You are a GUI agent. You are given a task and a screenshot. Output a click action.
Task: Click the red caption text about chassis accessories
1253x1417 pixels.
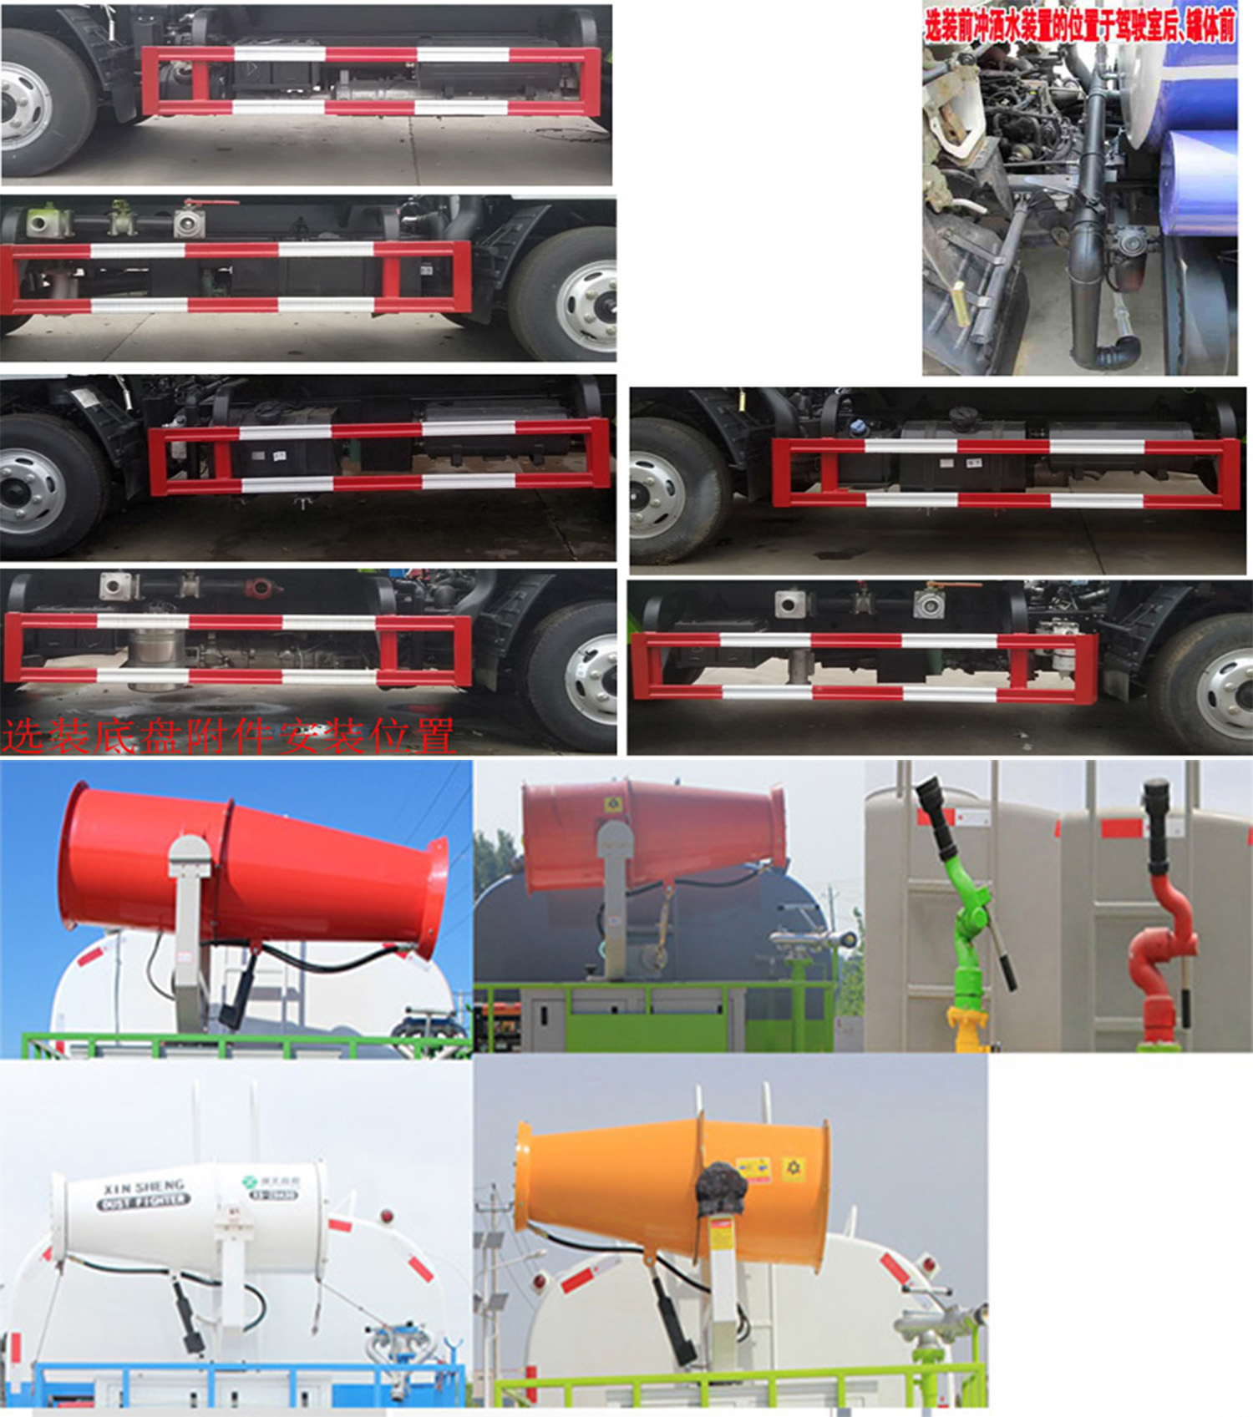coord(227,736)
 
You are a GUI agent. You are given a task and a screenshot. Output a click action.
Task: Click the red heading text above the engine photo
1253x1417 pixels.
coord(1078,26)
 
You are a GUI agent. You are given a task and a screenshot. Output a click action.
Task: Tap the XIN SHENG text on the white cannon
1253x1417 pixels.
coord(143,1187)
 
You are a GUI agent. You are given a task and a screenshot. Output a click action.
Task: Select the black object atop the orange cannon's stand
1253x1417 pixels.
coord(721,1188)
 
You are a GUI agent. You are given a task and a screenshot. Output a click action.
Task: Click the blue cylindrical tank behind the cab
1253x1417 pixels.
coord(1199,180)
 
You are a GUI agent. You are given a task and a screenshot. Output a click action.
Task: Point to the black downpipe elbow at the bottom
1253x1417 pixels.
coord(1115,351)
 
